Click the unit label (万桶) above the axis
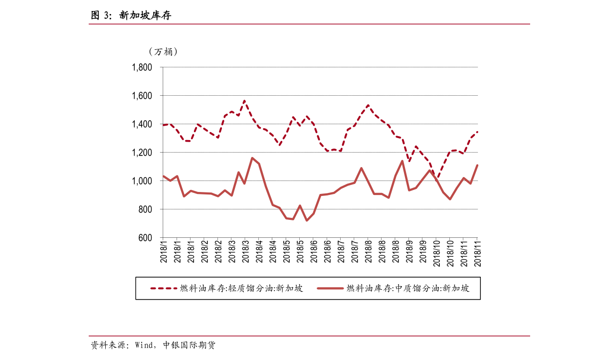(x=163, y=51)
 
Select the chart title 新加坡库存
(x=145, y=15)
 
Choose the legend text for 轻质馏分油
(x=241, y=288)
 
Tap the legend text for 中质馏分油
(x=408, y=288)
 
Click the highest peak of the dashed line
(x=244, y=101)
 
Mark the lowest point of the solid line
(x=307, y=220)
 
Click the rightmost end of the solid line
(x=477, y=166)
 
